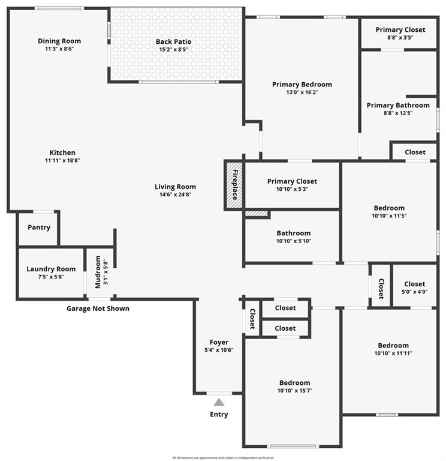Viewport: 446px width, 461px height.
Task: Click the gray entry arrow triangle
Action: pos(219,402)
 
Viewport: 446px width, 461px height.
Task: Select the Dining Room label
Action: pos(59,41)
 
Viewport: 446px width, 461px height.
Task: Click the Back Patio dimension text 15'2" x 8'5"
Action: pos(173,50)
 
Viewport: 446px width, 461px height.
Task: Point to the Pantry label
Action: pos(39,227)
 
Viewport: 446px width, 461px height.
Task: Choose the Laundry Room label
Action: pos(51,269)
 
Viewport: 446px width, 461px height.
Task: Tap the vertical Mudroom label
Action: pos(98,272)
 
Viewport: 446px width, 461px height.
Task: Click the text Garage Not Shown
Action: pos(98,309)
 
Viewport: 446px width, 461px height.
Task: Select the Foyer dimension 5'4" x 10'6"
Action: pos(219,350)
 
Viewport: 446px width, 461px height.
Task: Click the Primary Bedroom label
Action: pos(302,85)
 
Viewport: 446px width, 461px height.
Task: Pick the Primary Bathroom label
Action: pos(398,105)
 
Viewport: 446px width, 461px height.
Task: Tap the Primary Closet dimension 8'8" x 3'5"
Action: pos(400,38)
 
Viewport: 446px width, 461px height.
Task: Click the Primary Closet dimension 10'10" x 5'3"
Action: pos(292,189)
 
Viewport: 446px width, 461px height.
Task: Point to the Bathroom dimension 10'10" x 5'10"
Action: pos(293,241)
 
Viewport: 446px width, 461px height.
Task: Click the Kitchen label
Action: pos(62,152)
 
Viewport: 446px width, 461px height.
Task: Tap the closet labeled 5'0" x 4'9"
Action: pos(414,288)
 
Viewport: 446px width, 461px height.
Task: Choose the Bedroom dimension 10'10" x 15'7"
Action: pos(294,390)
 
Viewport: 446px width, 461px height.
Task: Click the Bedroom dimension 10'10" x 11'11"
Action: pos(393,353)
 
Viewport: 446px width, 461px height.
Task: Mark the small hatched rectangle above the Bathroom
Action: pos(256,212)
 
